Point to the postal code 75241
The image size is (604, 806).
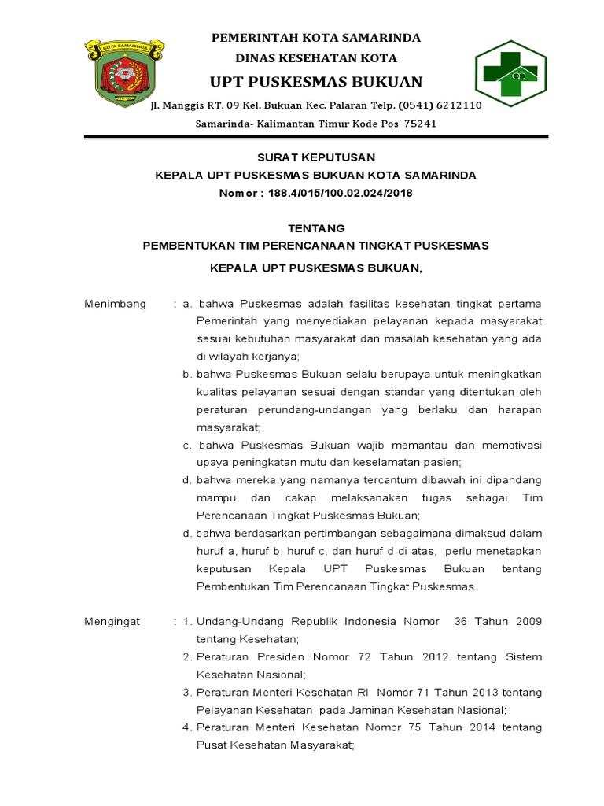(x=421, y=124)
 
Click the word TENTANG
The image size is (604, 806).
(x=315, y=228)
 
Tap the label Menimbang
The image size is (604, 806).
(x=115, y=305)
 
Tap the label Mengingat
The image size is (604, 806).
(x=112, y=622)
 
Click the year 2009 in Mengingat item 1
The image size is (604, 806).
(x=528, y=622)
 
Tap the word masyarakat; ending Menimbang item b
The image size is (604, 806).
(x=228, y=427)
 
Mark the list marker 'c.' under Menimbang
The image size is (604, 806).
(x=188, y=446)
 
